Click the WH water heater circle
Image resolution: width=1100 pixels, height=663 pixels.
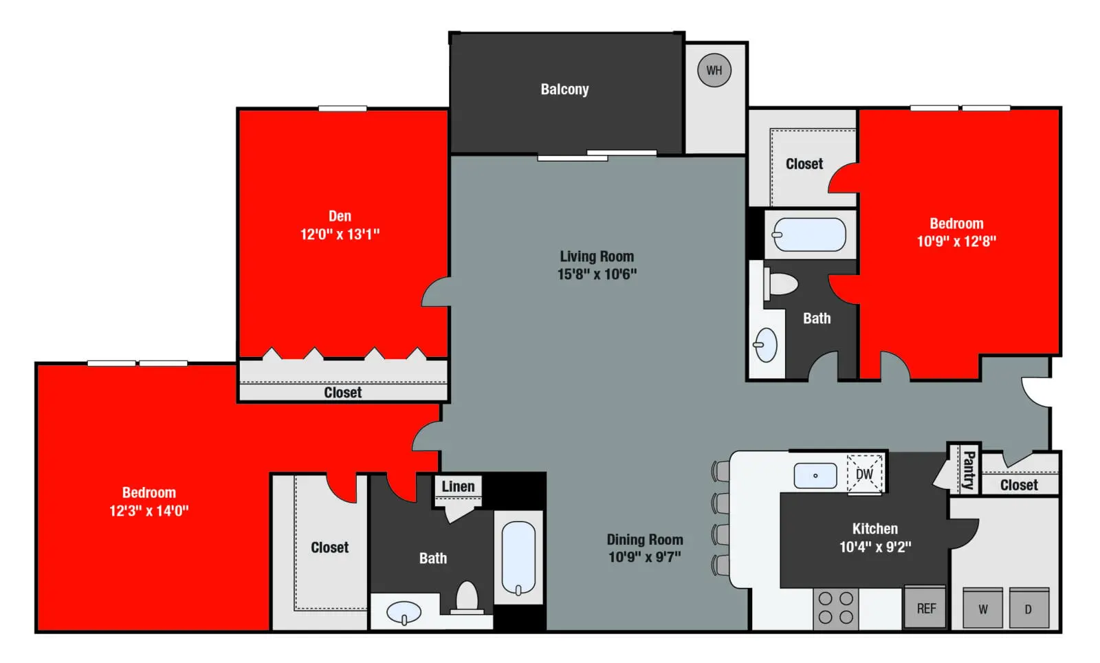(x=714, y=70)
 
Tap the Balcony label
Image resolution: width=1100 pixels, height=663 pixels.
(x=564, y=89)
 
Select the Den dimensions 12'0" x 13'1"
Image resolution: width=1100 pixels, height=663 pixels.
(x=340, y=235)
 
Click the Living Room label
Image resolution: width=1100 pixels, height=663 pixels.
(x=597, y=257)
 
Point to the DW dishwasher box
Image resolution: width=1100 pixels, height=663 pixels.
(x=864, y=474)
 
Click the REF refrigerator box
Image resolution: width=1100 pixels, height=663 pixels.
(x=925, y=608)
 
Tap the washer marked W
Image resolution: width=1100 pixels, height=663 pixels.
(x=982, y=609)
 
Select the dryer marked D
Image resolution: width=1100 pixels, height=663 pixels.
(x=1028, y=609)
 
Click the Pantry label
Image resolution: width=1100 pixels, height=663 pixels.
(x=968, y=470)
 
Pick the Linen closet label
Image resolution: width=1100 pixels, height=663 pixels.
(x=458, y=487)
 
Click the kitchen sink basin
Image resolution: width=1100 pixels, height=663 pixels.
(x=815, y=475)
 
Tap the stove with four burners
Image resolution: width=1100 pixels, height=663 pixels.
(x=836, y=608)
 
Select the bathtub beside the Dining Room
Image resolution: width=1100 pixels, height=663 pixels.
(x=518, y=557)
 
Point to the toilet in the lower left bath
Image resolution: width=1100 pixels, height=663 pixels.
(x=467, y=597)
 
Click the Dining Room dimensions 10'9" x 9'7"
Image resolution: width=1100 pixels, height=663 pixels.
(x=644, y=557)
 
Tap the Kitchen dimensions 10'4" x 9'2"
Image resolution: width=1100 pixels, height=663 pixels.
(x=874, y=547)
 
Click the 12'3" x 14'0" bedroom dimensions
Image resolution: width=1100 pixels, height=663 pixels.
(x=148, y=511)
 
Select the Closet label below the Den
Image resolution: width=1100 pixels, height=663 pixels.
(x=342, y=393)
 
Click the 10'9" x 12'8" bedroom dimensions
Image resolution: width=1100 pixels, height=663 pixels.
(x=956, y=241)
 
